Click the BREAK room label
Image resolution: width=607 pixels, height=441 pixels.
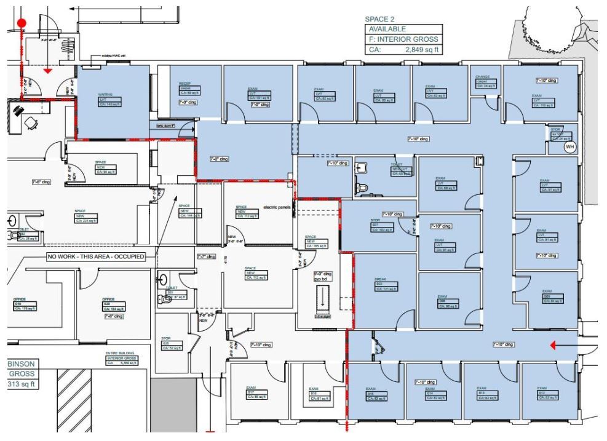(x=379, y=279)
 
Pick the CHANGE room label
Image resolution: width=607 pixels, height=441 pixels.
(x=482, y=77)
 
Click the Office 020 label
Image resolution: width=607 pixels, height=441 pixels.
(x=108, y=300)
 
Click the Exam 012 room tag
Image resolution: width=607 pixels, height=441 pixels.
(x=542, y=388)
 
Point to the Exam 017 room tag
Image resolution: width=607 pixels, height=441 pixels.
(x=251, y=388)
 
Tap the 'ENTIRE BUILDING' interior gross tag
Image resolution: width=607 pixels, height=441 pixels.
(x=120, y=353)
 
